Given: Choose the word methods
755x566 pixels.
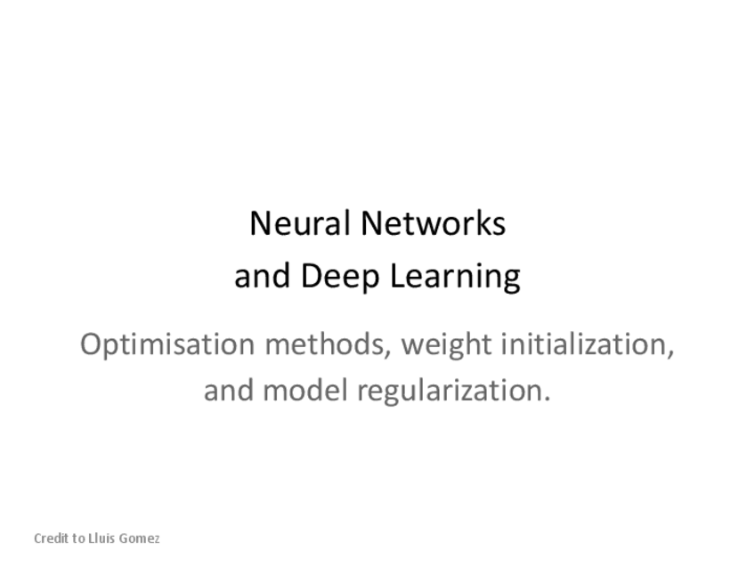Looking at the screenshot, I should [x=326, y=344].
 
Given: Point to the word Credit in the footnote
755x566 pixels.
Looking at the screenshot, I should [x=51, y=538].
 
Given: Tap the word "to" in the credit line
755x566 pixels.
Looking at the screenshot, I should [x=79, y=538].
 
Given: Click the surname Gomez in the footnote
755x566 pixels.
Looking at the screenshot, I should [x=140, y=539].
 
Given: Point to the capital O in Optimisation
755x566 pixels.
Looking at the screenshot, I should [x=91, y=344].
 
